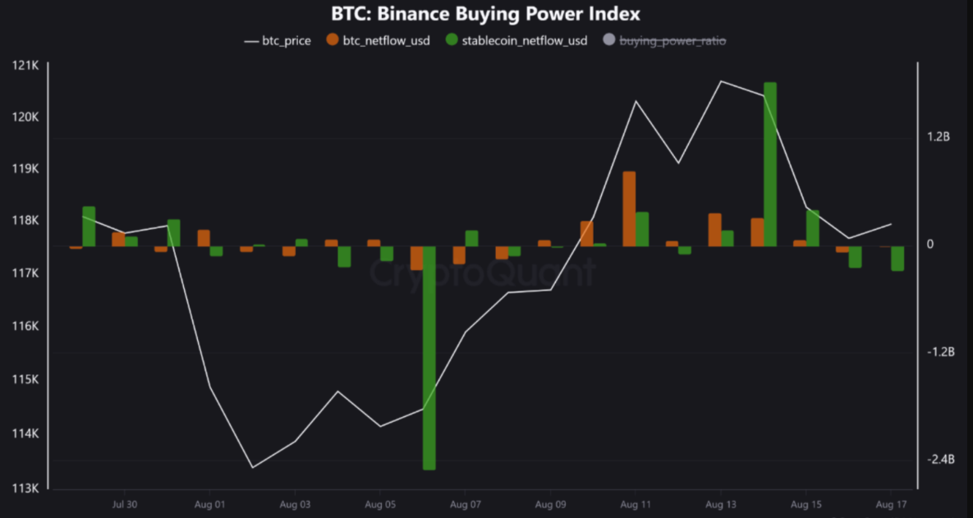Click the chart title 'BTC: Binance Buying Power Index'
[486, 14]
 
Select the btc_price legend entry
[278, 40]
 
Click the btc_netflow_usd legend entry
[379, 40]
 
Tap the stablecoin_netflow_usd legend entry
[516, 40]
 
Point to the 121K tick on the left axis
[25, 65]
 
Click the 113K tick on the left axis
[25, 488]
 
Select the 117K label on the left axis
[25, 273]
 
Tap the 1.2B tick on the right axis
[938, 137]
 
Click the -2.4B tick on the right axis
[939, 460]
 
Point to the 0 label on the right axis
[930, 245]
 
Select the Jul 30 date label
[124, 504]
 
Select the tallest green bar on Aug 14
[769, 163]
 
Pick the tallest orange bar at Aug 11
[629, 209]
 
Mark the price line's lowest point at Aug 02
[252, 467]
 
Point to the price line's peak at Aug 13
[720, 81]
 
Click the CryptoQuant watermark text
[483, 273]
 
